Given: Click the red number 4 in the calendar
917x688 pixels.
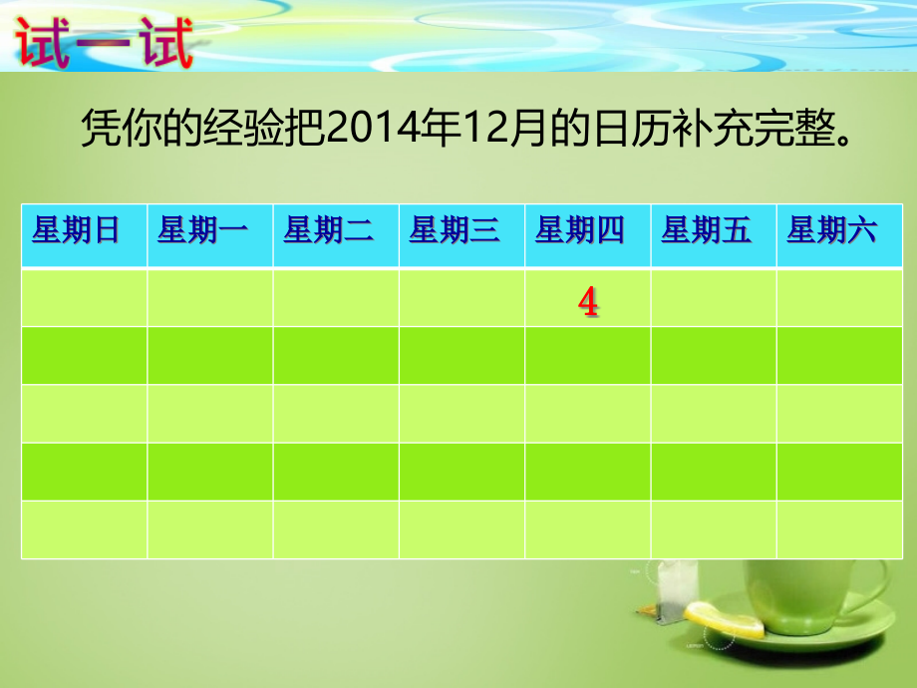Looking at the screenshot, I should click(589, 302).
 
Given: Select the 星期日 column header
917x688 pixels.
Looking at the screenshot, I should click(77, 232).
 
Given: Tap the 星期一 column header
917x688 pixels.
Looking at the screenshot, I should click(202, 232).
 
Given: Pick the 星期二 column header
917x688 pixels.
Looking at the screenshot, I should click(329, 232).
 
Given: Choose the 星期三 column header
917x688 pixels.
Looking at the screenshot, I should click(455, 232).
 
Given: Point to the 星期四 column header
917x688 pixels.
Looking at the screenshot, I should click(580, 232).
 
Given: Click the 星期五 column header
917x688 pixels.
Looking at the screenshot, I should click(706, 232).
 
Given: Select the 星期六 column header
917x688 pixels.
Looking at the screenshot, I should click(832, 232).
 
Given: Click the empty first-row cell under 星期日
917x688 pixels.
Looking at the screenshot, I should click(85, 297).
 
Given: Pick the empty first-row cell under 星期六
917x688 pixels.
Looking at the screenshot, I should click(839, 297).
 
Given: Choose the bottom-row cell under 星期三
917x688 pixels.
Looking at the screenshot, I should click(461, 529).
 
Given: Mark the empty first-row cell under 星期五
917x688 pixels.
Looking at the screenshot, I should click(714, 297).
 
